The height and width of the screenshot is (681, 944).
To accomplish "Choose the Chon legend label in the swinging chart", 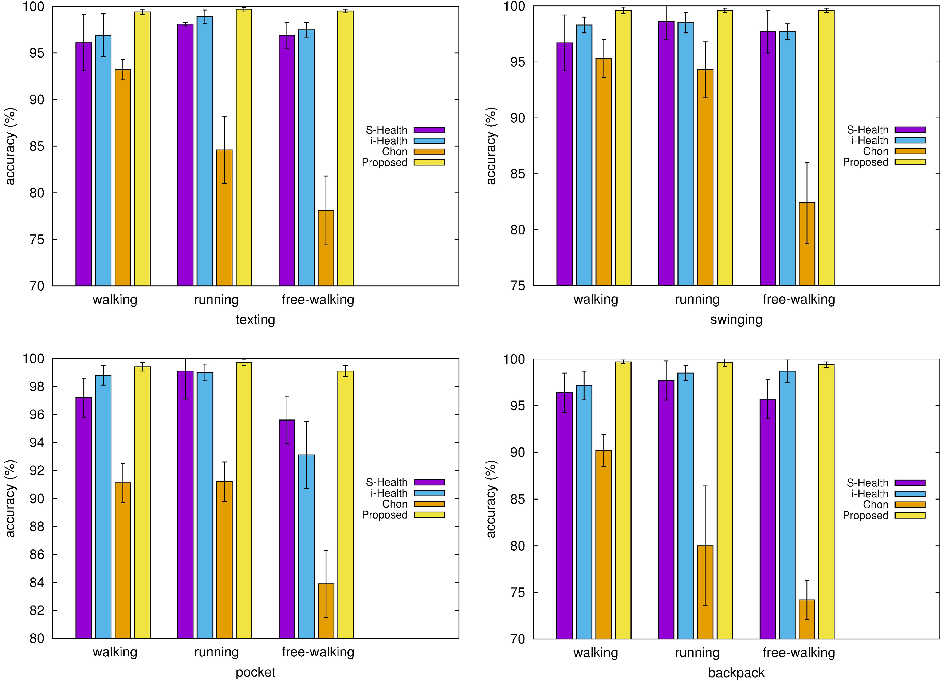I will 875,151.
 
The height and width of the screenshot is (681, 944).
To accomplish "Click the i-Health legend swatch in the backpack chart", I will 910,494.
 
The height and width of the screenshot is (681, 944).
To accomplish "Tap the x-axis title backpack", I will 736,673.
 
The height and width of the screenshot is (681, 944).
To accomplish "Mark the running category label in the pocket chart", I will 216,652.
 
